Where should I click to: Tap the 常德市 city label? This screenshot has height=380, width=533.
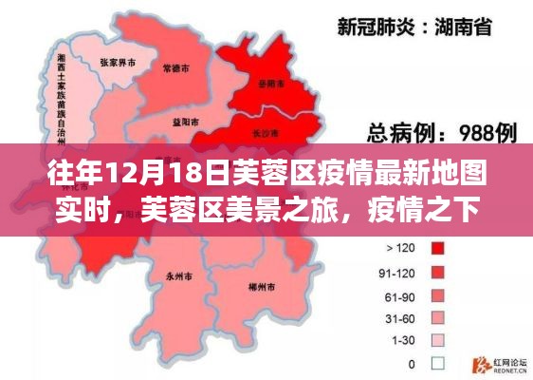(x=174, y=68)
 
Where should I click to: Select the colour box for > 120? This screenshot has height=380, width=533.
(x=438, y=249)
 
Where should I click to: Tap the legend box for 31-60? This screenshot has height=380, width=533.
(x=438, y=317)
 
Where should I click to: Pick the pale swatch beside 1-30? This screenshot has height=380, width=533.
(x=438, y=340)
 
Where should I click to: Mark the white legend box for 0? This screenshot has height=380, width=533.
(x=438, y=363)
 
